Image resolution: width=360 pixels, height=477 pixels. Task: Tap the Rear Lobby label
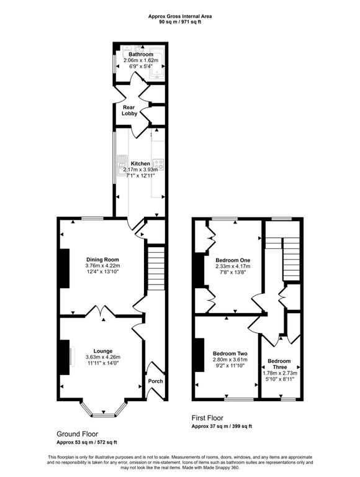click(x=130, y=111)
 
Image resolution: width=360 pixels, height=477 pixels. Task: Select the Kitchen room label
click(x=140, y=164)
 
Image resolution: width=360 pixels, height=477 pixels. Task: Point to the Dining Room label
click(x=102, y=260)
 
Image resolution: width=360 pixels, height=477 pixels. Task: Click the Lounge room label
click(x=103, y=351)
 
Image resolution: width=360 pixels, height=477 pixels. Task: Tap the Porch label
click(x=155, y=381)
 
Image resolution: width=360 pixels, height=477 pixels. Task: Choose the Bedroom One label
click(x=233, y=260)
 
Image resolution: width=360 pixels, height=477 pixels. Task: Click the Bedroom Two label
click(x=230, y=353)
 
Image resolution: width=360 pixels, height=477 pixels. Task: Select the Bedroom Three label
click(x=279, y=364)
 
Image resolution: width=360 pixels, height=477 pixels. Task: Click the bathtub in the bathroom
click(x=157, y=63)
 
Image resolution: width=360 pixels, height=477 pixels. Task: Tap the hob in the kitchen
click(x=158, y=164)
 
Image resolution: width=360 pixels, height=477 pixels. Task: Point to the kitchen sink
click(x=122, y=165)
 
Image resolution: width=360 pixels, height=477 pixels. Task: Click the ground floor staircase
click(x=156, y=268)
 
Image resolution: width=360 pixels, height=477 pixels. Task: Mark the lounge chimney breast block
click(x=65, y=357)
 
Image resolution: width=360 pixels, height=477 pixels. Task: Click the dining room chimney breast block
click(x=65, y=268)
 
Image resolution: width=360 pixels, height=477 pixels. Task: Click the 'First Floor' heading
click(x=207, y=418)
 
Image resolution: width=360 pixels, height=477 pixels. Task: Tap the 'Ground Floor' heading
click(x=77, y=434)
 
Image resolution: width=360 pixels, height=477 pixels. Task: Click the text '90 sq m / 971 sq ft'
click(x=180, y=22)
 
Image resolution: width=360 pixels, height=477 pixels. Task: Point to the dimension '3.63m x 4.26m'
click(x=103, y=357)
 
